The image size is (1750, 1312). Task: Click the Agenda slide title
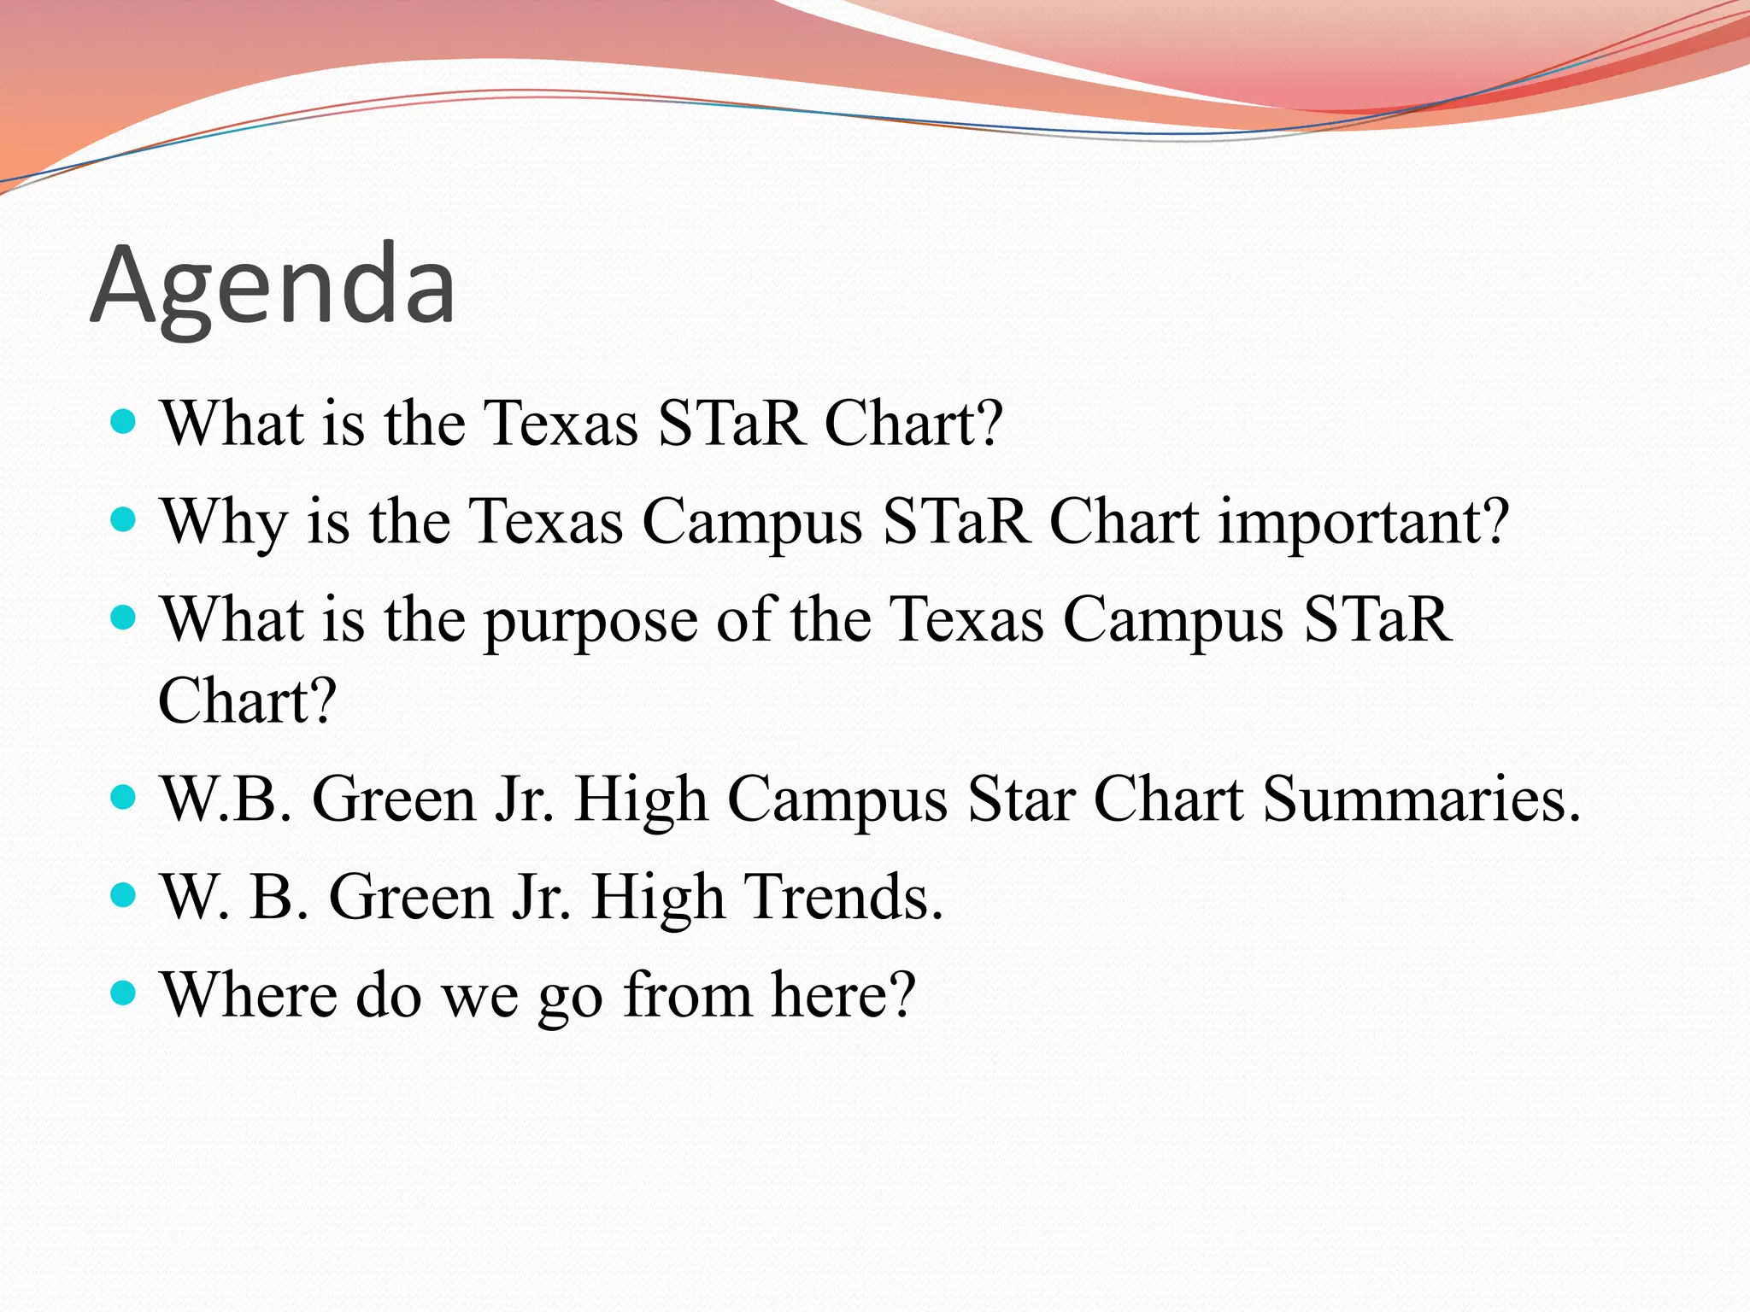point(273,285)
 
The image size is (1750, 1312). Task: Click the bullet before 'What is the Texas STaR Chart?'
point(124,421)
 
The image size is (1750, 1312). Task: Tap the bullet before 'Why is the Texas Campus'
point(124,519)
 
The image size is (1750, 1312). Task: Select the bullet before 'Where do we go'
point(124,993)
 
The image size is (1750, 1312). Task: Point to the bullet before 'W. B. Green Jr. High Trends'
point(124,894)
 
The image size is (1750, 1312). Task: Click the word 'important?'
point(1364,521)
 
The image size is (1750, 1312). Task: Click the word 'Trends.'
point(845,897)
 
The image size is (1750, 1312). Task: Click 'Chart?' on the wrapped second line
point(248,700)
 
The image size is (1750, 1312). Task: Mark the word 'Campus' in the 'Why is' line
point(752,523)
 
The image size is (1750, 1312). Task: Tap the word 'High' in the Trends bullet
point(658,899)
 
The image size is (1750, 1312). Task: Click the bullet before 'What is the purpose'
point(124,618)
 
